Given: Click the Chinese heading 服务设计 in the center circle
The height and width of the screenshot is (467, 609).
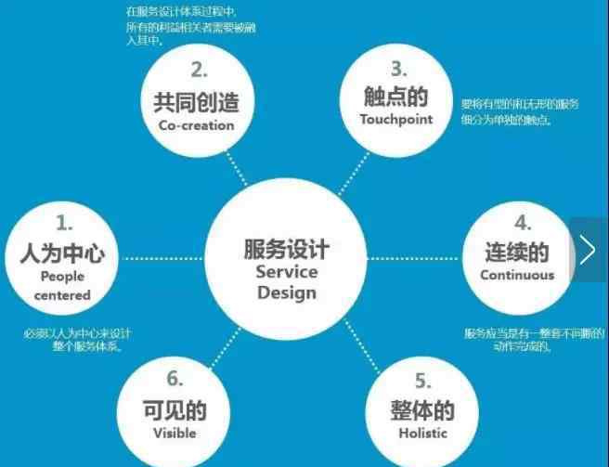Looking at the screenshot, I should (x=286, y=249).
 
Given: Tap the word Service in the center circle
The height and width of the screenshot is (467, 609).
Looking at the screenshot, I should (x=286, y=272).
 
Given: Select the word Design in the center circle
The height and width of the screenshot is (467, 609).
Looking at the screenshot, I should (x=286, y=293).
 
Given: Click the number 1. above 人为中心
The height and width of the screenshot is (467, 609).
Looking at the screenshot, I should (x=64, y=223).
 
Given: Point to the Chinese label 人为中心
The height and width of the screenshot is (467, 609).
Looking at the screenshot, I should (x=62, y=252).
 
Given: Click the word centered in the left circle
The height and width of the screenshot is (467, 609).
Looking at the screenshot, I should (x=63, y=295).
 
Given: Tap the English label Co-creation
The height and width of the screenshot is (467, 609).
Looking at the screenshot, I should (x=197, y=125).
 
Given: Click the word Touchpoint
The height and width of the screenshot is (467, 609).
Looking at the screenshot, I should (x=396, y=119).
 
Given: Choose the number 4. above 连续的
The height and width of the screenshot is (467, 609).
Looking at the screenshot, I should (x=523, y=223).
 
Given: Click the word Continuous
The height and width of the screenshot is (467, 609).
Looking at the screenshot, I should (x=517, y=275).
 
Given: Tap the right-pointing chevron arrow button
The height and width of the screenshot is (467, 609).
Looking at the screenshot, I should (x=588, y=250).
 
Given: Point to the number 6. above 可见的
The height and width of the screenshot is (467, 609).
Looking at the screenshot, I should (x=174, y=379).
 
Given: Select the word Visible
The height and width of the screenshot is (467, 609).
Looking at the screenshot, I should (x=175, y=433).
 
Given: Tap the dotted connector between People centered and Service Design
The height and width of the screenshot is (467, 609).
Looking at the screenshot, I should (x=163, y=257).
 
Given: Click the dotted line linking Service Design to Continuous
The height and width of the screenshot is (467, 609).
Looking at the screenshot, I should (x=416, y=257).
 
